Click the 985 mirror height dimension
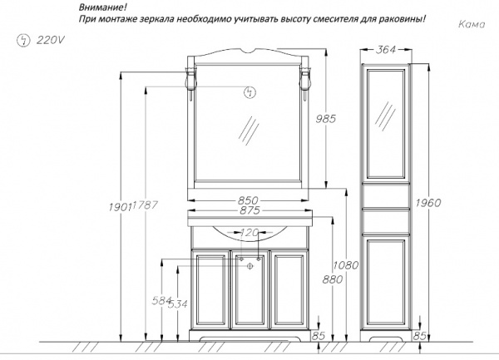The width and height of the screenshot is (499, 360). point(326,119)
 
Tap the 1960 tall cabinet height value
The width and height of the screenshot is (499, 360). point(428,203)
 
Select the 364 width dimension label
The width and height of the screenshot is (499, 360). point(386,50)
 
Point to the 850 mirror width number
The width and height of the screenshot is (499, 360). point(248,200)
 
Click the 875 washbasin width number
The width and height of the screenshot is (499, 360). point(249,210)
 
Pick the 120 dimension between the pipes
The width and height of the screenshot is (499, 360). point(249,233)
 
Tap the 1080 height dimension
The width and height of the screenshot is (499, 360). point(346,265)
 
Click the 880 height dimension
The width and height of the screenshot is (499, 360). point(333,279)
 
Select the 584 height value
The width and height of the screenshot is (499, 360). point(162,300)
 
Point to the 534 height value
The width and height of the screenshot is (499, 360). point(178,304)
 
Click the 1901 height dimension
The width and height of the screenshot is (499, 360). point(120,207)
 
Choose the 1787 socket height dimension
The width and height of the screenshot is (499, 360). point(146,205)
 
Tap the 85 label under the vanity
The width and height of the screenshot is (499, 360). point(319,336)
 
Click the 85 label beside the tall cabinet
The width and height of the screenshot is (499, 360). point(419,336)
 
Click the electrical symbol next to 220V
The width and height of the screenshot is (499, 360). point(23,41)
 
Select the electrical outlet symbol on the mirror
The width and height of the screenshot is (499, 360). point(249,92)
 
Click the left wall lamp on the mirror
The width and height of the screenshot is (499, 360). point(190,83)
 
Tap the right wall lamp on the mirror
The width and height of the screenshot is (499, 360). point(304,83)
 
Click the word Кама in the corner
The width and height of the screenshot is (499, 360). point(472,24)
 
